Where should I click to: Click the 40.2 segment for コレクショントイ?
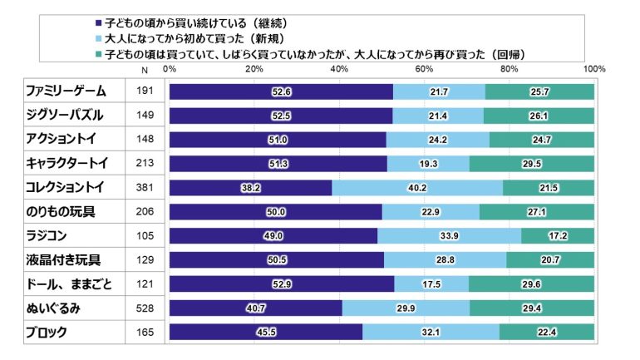(417, 188)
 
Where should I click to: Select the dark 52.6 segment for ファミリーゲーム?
(281, 91)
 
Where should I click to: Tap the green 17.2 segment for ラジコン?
(558, 236)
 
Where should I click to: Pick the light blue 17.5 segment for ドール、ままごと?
(431, 284)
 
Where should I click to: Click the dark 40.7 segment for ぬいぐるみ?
(255, 308)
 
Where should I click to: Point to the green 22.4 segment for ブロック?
(547, 333)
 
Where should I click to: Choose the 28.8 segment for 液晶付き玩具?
(445, 260)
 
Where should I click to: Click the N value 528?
(145, 309)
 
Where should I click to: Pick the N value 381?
(145, 189)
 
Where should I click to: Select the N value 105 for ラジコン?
(145, 237)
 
